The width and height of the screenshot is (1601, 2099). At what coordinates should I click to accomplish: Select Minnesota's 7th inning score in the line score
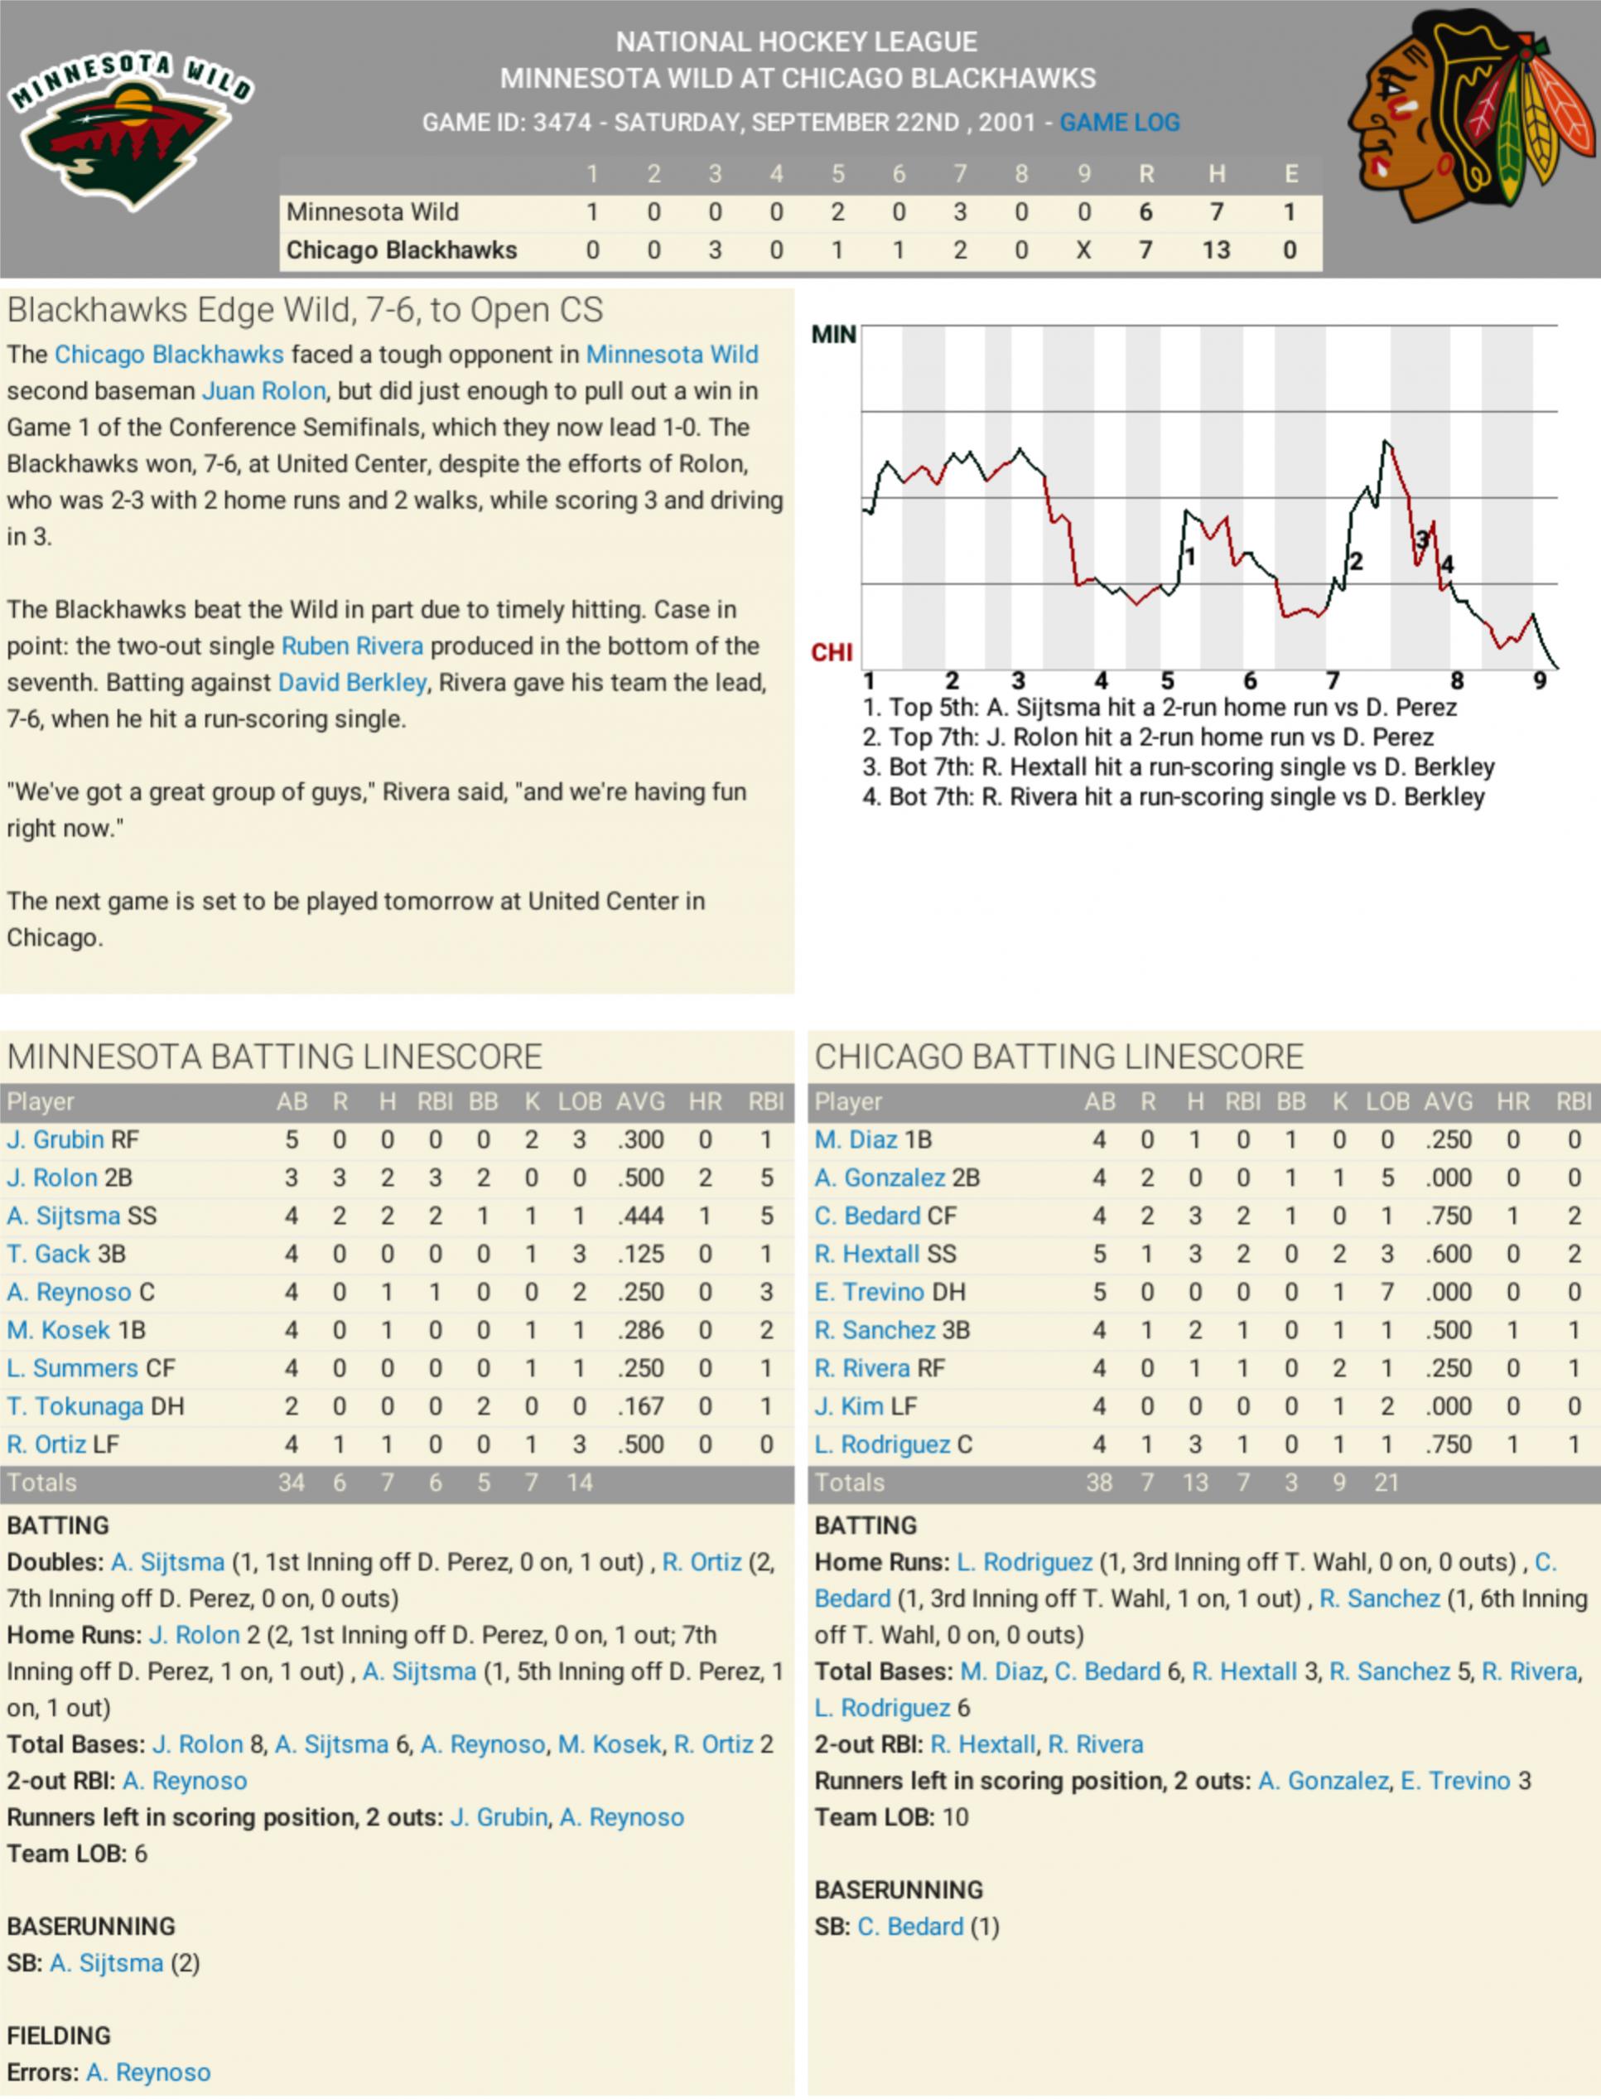point(960,211)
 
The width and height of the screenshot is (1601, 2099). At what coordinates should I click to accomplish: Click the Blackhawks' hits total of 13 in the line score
point(1216,249)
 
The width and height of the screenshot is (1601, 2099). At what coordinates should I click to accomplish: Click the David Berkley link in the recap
point(352,683)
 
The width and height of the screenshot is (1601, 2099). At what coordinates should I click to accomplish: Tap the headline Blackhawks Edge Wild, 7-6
point(305,310)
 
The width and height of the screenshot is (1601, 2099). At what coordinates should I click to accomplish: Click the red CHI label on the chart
point(832,653)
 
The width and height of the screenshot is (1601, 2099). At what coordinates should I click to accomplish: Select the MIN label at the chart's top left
point(834,335)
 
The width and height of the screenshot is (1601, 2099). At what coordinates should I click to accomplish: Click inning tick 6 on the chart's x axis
point(1249,680)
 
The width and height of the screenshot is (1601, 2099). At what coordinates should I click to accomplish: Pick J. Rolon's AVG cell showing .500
point(640,1178)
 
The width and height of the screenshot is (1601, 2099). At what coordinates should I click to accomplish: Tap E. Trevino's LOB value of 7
point(1386,1293)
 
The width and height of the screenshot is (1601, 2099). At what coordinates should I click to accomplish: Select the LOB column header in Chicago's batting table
point(1386,1102)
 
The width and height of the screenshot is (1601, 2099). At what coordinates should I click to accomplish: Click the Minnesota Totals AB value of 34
point(292,1483)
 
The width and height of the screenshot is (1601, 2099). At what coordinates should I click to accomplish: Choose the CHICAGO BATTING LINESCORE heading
point(1058,1057)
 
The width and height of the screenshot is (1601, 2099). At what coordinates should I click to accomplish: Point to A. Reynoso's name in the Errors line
point(147,2073)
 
